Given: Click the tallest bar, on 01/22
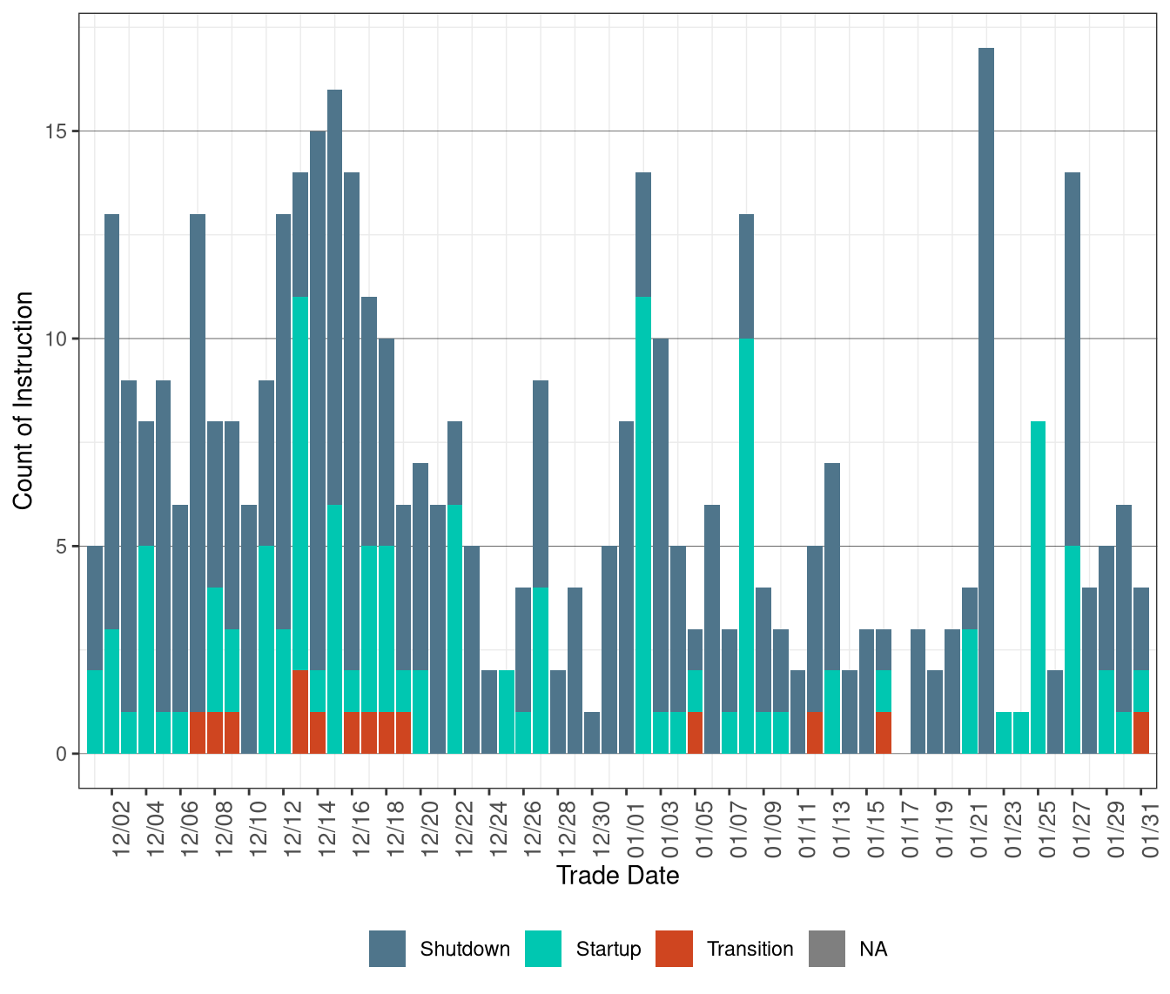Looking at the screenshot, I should (x=986, y=400).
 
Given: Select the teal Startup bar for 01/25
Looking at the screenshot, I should (x=1038, y=588).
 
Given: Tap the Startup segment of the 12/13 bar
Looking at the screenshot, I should (x=300, y=483).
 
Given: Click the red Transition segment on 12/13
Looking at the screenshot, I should (x=300, y=712).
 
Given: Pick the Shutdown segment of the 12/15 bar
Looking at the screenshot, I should (x=334, y=297).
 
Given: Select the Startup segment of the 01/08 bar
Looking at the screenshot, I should (x=746, y=546).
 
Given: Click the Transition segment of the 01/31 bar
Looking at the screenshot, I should (x=1140, y=733).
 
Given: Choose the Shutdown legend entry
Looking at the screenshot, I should (x=464, y=949).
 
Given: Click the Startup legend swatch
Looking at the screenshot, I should (x=543, y=949).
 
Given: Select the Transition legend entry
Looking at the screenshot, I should (x=750, y=949).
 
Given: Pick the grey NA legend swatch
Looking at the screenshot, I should (x=826, y=949).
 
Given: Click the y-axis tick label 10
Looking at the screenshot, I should (x=57, y=339).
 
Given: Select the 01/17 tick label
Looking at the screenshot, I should (x=910, y=830).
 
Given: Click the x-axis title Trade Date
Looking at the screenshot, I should (x=617, y=876).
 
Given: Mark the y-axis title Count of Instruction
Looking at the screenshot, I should (x=24, y=400).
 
